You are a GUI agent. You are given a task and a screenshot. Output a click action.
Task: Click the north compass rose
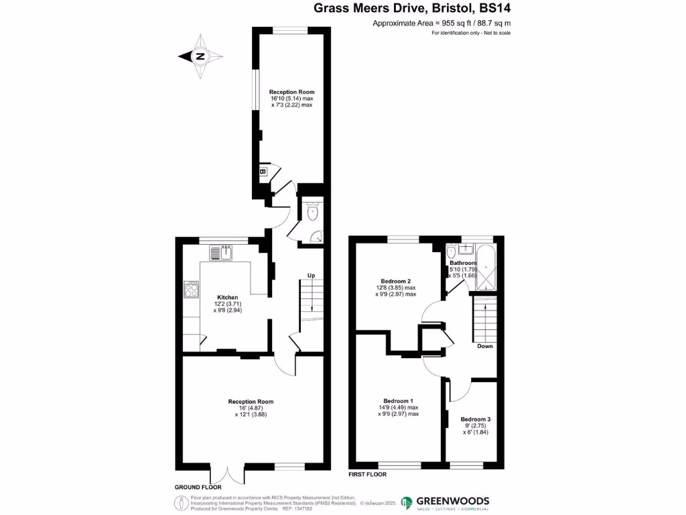199,57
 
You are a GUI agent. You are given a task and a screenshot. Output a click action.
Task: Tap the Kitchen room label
228,297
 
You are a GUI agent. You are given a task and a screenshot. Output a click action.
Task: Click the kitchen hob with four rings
191,290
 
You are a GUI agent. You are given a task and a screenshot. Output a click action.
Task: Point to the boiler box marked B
263,172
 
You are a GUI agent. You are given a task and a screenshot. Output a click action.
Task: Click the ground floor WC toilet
312,212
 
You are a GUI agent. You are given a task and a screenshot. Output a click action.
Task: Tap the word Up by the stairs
312,276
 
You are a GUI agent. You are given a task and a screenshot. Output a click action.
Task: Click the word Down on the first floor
485,346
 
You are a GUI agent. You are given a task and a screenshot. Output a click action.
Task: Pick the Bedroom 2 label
395,281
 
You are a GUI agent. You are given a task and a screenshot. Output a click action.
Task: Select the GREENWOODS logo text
454,501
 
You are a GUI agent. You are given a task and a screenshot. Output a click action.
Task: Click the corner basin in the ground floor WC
318,237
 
